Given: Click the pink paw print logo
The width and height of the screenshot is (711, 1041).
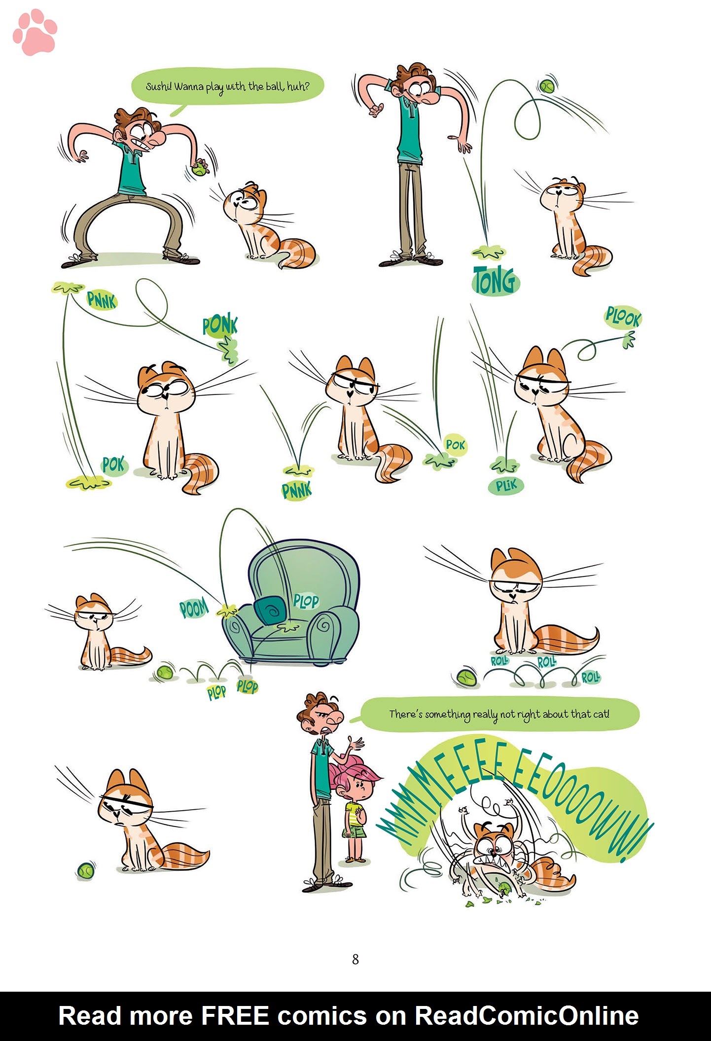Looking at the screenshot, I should click(35, 33).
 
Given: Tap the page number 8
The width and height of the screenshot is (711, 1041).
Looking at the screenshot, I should click(355, 959).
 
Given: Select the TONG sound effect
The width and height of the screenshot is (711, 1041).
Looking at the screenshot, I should click(495, 280).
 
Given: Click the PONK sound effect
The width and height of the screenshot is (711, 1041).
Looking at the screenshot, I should click(220, 326).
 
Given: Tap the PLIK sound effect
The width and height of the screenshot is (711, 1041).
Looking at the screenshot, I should click(506, 486).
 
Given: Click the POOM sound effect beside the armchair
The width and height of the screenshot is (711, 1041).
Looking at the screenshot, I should click(194, 609).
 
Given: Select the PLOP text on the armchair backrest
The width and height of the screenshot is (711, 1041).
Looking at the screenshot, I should click(306, 601).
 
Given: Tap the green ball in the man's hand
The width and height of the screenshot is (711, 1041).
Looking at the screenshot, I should click(199, 168).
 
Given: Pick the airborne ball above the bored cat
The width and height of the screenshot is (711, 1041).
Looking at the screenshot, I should click(547, 87).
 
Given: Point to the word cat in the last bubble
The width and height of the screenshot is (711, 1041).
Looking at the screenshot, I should click(601, 714).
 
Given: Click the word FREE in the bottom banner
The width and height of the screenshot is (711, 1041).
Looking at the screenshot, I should click(234, 1016).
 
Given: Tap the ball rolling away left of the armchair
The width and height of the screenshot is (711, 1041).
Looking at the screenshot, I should click(165, 672).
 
